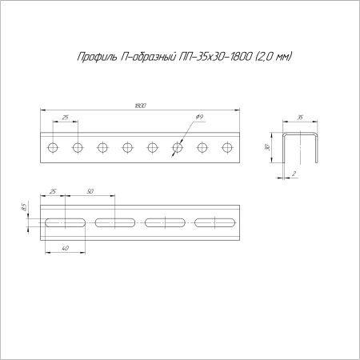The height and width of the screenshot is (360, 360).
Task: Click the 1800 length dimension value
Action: pos(141,106)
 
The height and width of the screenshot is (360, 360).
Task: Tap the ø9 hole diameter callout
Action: pos(199,117)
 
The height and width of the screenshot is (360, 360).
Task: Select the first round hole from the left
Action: pos(53,147)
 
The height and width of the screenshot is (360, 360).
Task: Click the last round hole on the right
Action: pos(227,147)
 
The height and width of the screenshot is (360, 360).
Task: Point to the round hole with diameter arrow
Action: pos(178,147)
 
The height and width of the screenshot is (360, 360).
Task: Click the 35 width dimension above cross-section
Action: pos(300,118)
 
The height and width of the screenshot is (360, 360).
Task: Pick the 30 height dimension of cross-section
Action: pos(268,147)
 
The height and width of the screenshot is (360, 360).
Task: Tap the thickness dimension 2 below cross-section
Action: pos(294,174)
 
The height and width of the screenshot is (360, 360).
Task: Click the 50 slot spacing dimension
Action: pos(90,191)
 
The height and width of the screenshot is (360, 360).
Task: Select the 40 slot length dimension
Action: pos(65,248)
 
